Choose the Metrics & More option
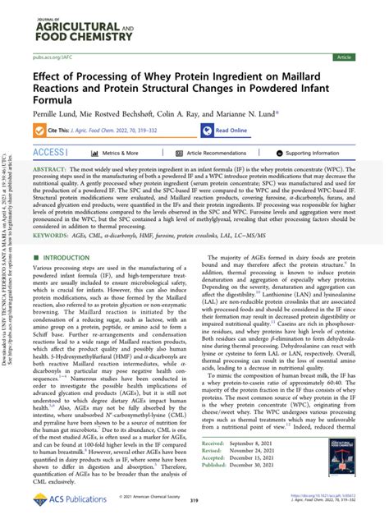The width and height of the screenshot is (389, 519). point(120,153)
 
